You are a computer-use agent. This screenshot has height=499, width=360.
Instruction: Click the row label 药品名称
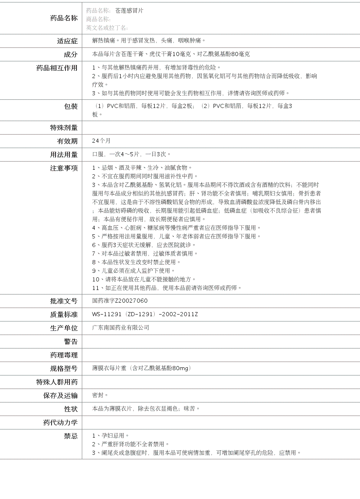[63, 18]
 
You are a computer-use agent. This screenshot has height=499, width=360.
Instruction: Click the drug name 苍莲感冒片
[129, 11]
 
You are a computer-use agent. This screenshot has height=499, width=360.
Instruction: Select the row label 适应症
[67, 41]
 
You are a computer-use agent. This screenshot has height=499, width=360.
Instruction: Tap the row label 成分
[70, 54]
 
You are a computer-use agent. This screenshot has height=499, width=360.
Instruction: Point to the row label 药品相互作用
[57, 68]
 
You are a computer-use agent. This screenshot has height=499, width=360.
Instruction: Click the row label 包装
[70, 106]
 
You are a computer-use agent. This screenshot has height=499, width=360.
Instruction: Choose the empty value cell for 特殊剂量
[221, 128]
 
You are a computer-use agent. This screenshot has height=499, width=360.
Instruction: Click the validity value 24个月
[101, 141]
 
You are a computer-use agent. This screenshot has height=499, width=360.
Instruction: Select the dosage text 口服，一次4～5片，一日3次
[131, 154]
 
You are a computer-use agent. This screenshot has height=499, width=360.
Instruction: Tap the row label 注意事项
[63, 168]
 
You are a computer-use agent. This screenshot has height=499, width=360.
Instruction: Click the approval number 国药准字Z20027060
[120, 301]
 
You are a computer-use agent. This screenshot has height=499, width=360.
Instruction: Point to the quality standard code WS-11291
[107, 314]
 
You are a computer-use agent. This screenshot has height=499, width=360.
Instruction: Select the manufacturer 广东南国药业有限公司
[121, 328]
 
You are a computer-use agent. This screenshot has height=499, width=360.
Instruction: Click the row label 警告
[70, 342]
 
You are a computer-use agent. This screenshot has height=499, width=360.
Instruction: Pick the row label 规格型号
[63, 369]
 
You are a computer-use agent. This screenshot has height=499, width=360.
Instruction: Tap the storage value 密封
[100, 395]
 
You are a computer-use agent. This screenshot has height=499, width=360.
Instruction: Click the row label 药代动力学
[60, 423]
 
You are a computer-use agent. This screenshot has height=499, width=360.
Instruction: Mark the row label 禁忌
[70, 436]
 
